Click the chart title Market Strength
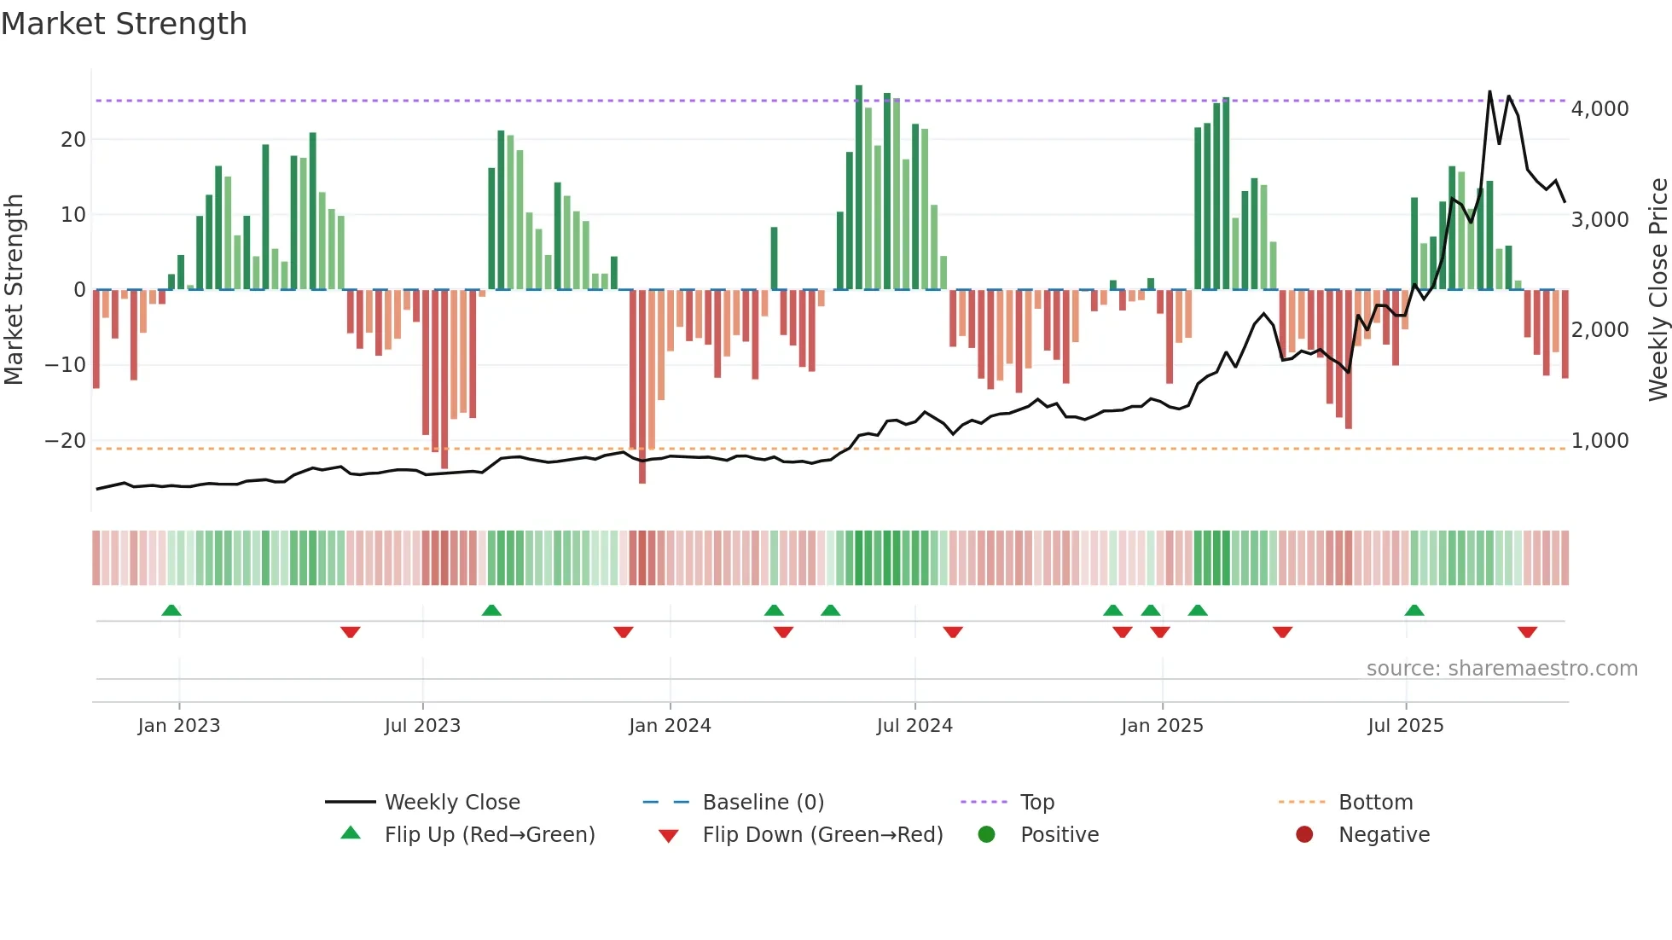click(124, 24)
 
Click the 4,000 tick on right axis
click(1599, 109)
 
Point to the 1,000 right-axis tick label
click(1599, 441)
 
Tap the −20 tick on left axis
click(66, 441)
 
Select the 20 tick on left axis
click(73, 140)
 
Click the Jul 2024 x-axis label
click(914, 726)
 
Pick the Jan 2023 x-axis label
click(179, 726)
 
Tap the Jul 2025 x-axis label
click(1405, 726)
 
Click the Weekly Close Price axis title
click(1657, 289)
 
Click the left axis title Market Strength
click(15, 289)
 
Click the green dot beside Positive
click(987, 835)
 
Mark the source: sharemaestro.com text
click(1501, 669)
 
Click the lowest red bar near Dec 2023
click(642, 478)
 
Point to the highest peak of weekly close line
click(1489, 92)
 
